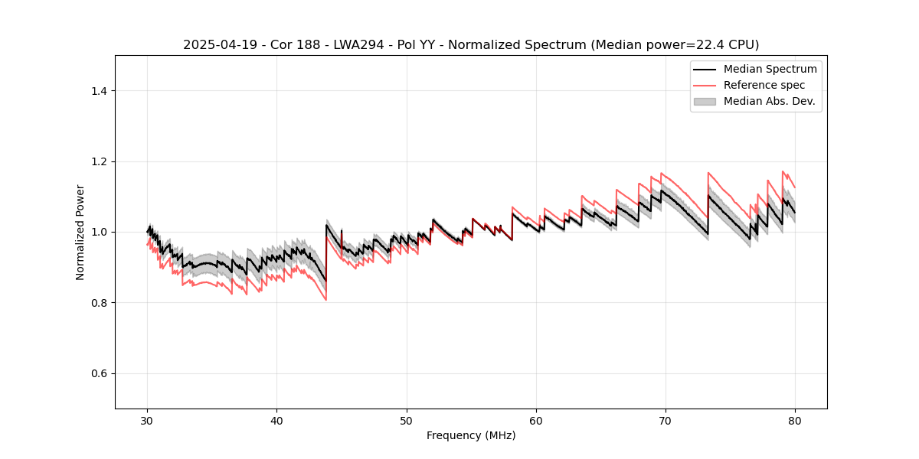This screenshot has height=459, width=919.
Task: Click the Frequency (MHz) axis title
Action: coord(471,435)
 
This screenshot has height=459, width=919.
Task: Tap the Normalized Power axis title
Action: coord(80,232)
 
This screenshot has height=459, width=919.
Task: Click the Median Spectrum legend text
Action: coord(770,69)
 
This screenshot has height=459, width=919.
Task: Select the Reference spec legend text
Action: coord(764,85)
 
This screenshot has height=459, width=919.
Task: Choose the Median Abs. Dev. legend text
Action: coord(769,101)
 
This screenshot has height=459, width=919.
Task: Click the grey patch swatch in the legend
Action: coord(705,101)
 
